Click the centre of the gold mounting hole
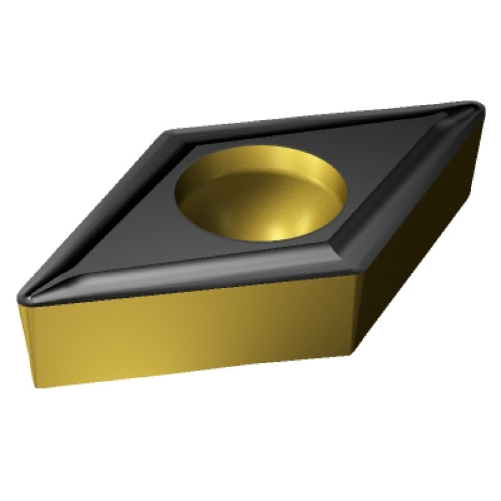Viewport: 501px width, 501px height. pos(261,194)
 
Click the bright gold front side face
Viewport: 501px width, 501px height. pos(189,333)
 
